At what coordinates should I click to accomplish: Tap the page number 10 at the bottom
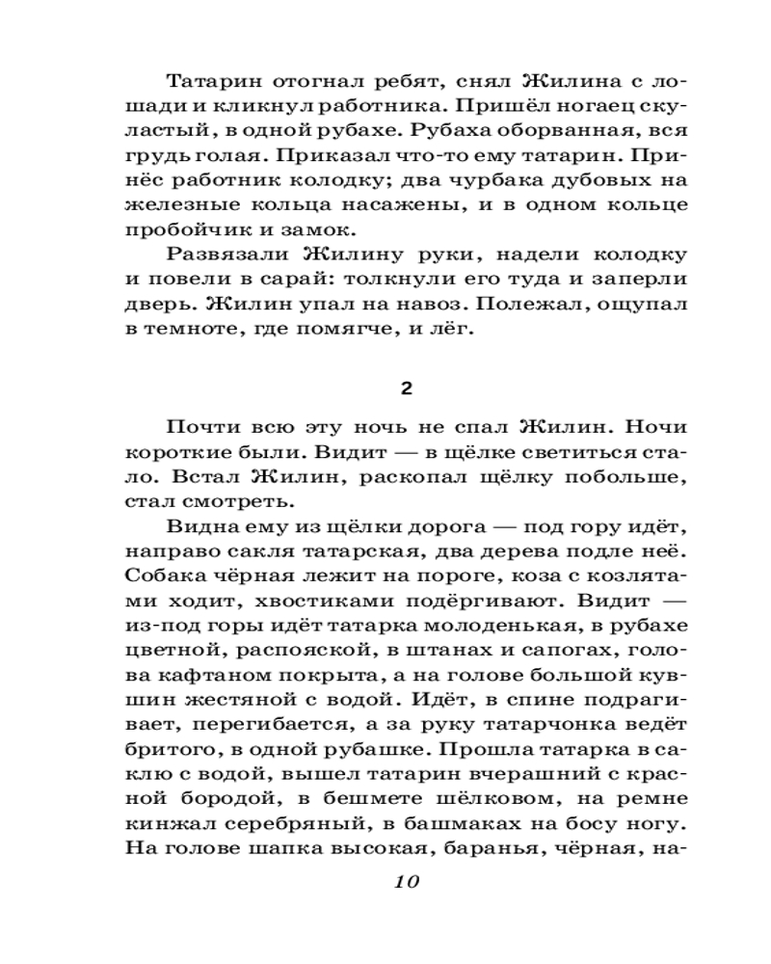coord(406,881)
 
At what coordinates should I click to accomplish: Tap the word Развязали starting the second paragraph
coord(228,254)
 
